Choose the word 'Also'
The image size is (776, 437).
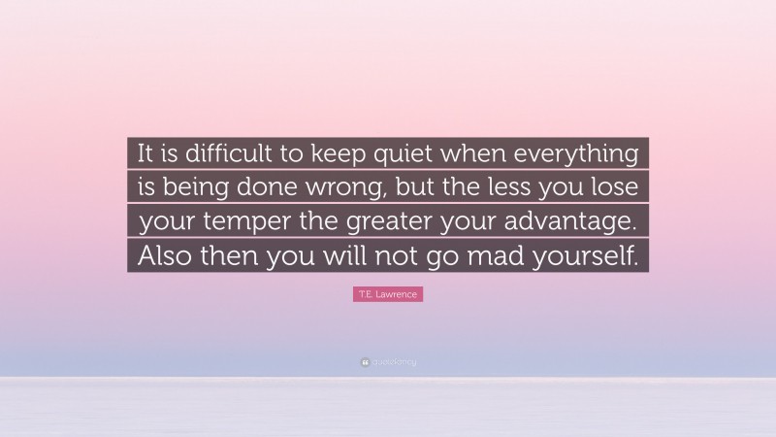click(x=165, y=255)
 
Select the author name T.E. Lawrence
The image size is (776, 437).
click(x=388, y=294)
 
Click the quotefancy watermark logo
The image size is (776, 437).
click(x=388, y=362)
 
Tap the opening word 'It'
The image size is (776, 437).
click(x=146, y=153)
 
